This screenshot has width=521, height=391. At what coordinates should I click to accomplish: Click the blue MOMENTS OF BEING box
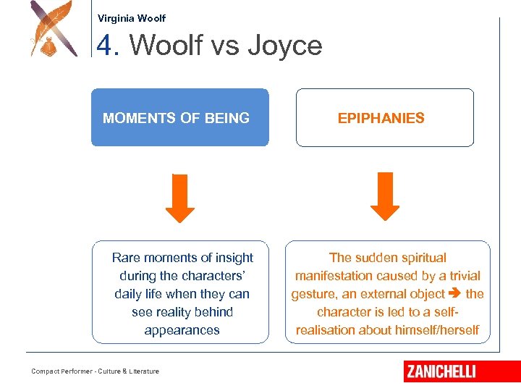pyautogui.click(x=179, y=117)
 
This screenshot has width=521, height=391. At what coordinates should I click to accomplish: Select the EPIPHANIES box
pyautogui.click(x=384, y=117)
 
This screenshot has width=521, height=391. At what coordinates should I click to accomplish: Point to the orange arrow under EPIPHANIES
pyautogui.click(x=385, y=197)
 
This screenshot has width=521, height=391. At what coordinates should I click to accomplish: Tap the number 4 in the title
pyautogui.click(x=105, y=46)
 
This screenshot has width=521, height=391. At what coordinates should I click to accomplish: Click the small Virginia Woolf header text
pyautogui.click(x=131, y=18)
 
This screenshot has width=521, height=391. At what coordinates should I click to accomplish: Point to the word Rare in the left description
pyautogui.click(x=126, y=258)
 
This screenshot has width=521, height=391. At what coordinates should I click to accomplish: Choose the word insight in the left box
pyautogui.click(x=233, y=258)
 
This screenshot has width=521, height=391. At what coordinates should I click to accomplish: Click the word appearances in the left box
pyautogui.click(x=182, y=330)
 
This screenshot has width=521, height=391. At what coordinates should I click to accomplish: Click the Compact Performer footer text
pyautogui.click(x=95, y=371)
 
